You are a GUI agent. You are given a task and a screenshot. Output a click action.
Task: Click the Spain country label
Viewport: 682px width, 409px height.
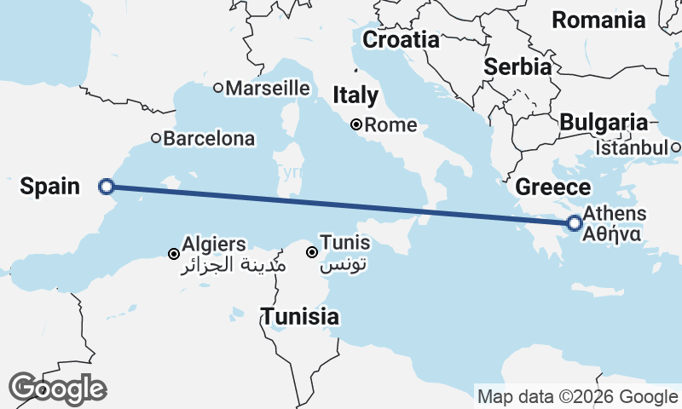[x=50, y=187]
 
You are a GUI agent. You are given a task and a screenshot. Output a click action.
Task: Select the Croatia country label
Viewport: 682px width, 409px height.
[x=401, y=40]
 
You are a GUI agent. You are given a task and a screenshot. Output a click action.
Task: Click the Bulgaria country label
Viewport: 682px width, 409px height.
[x=604, y=123]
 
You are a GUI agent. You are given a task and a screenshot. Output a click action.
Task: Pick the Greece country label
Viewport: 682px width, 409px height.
[x=553, y=187]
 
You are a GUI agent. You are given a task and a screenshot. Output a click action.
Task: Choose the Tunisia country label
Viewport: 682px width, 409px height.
[x=300, y=317]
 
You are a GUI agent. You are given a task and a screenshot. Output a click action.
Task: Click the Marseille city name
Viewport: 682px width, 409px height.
[x=267, y=88]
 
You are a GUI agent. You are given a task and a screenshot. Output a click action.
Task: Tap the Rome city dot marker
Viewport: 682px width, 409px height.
[x=356, y=125]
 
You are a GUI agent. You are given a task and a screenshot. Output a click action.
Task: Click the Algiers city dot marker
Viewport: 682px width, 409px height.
[x=173, y=254]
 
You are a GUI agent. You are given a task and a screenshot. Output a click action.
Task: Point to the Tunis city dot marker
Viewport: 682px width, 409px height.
[x=312, y=252]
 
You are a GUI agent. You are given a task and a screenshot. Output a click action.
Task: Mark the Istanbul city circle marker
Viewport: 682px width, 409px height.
[x=675, y=148]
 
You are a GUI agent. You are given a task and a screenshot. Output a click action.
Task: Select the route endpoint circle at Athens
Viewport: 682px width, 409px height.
[x=575, y=223]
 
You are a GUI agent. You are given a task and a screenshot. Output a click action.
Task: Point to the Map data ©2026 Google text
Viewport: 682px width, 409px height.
[x=577, y=396]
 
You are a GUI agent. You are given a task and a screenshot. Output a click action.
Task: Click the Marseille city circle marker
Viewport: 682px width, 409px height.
[x=218, y=88]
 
